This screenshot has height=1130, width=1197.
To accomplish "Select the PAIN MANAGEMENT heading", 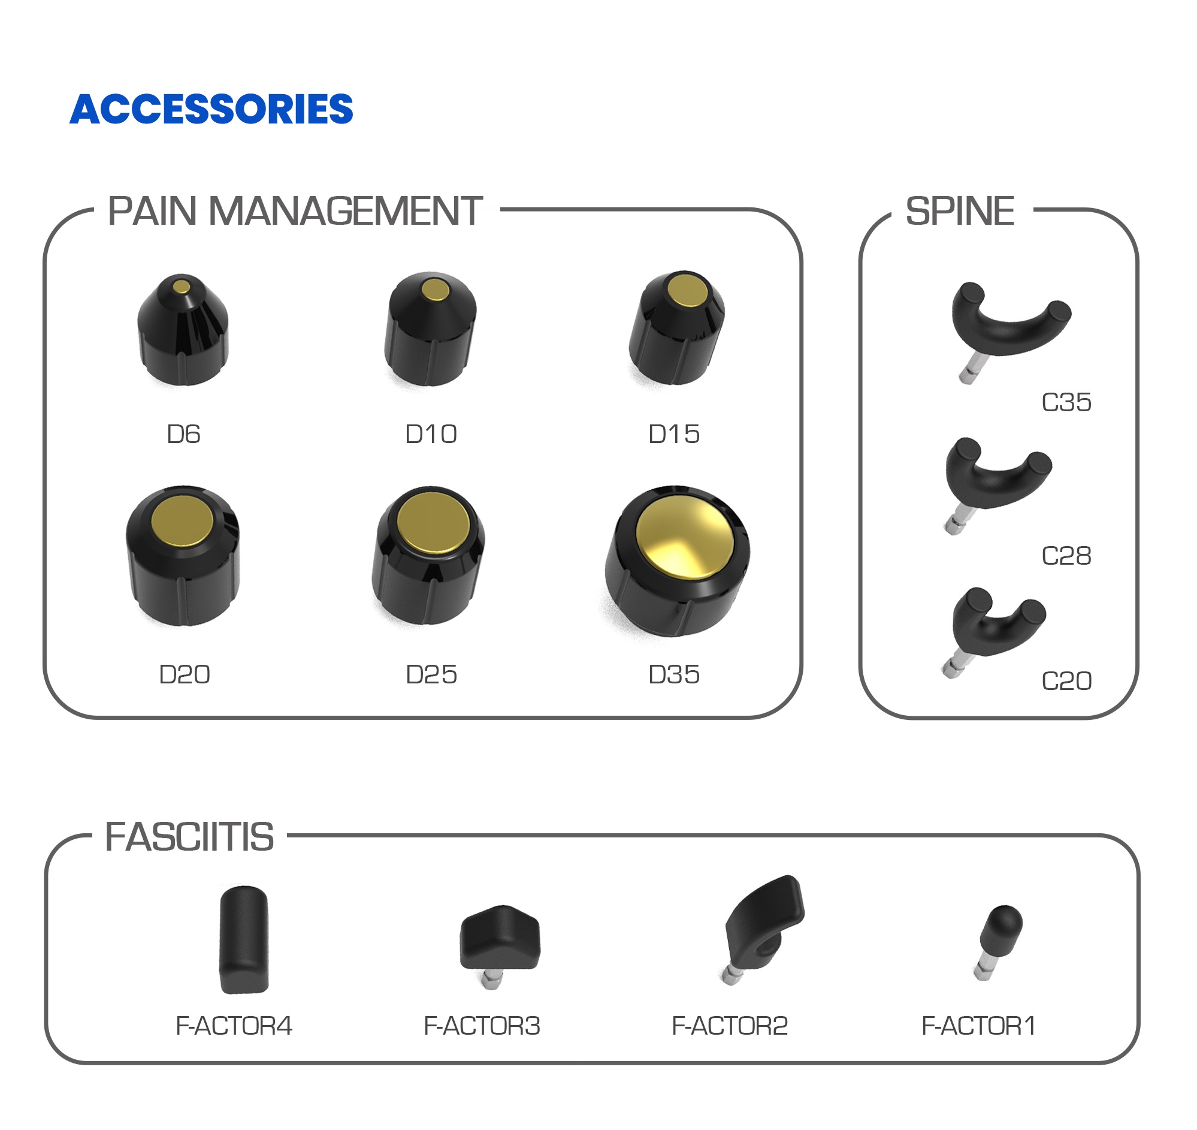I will pos(295,212).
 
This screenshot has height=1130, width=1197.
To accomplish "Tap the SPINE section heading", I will pos(960,212).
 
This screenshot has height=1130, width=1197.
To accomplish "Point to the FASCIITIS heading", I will pos(189,837).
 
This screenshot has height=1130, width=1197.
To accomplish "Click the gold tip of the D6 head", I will pos(181,286).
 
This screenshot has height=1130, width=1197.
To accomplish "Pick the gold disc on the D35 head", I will pos(685,538).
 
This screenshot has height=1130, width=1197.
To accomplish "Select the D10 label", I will pos(431,434).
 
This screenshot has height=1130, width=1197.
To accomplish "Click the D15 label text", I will pos(674,434).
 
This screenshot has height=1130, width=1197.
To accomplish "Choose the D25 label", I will pos(431,674).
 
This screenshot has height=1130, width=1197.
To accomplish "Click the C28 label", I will pos(1066,556).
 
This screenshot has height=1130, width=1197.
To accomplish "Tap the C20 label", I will pos(1066,681).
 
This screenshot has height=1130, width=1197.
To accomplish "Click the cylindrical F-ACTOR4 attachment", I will pos(244,939).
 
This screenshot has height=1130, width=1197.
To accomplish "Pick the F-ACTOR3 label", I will pos(482,1026).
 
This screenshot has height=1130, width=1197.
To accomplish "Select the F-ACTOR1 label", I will pos(978,1026).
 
